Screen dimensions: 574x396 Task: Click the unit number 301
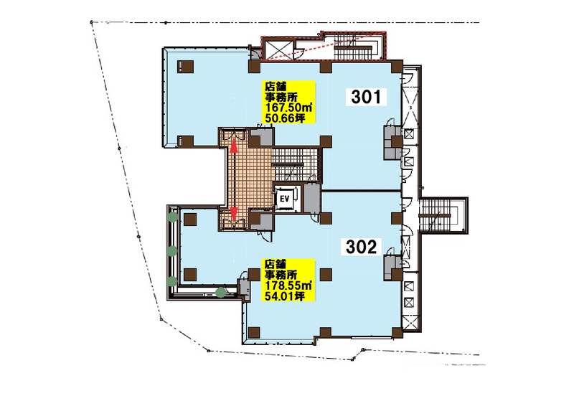click(x=367, y=97)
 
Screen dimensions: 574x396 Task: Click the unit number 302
click(x=362, y=247)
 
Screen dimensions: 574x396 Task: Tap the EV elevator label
click(x=285, y=199)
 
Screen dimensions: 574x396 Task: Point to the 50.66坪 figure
click(x=285, y=118)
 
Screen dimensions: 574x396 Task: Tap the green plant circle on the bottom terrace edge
click(x=220, y=293)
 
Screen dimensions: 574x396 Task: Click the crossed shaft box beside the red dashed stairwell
click(x=278, y=49)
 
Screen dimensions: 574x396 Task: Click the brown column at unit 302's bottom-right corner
click(x=397, y=333)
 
